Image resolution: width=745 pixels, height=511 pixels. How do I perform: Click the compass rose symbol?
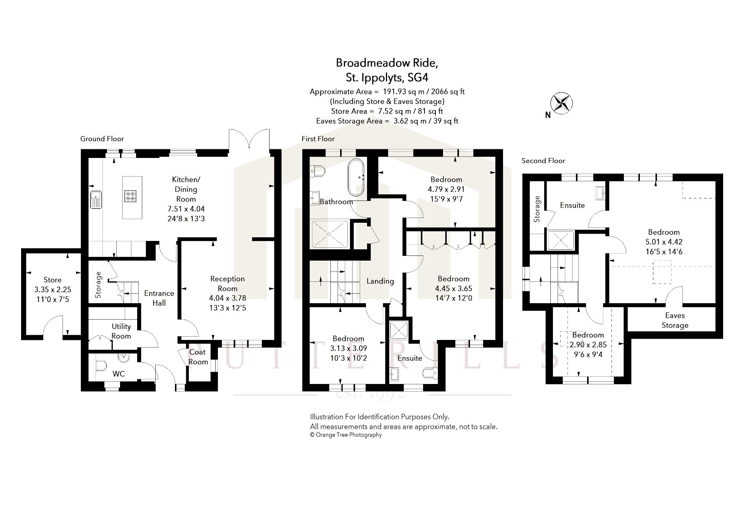[561, 103]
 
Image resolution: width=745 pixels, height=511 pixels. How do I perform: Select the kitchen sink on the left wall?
[96, 200]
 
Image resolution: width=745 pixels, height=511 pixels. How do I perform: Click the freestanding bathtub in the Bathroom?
[356, 177]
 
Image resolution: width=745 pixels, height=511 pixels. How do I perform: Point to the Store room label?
[52, 280]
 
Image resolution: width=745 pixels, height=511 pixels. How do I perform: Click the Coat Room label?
[198, 357]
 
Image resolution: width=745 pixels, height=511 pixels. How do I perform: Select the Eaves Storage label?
[675, 320]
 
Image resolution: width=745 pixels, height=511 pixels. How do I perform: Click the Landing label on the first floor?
[380, 281]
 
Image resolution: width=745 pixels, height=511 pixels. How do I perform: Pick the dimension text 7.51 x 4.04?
[186, 209]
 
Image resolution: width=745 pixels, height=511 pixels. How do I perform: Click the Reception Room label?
[227, 284]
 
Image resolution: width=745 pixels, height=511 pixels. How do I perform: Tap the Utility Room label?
[121, 331]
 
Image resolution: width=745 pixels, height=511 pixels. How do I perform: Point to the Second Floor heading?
[543, 161]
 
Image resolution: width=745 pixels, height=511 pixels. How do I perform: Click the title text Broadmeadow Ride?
[387, 63]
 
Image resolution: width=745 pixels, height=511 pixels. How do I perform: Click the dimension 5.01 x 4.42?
[664, 242]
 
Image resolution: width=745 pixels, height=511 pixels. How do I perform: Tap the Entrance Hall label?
[159, 298]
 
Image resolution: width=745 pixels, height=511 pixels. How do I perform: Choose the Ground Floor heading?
[102, 139]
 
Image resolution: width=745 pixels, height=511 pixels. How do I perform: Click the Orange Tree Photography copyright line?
[346, 435]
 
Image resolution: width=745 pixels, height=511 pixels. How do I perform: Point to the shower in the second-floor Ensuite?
[561, 241]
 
